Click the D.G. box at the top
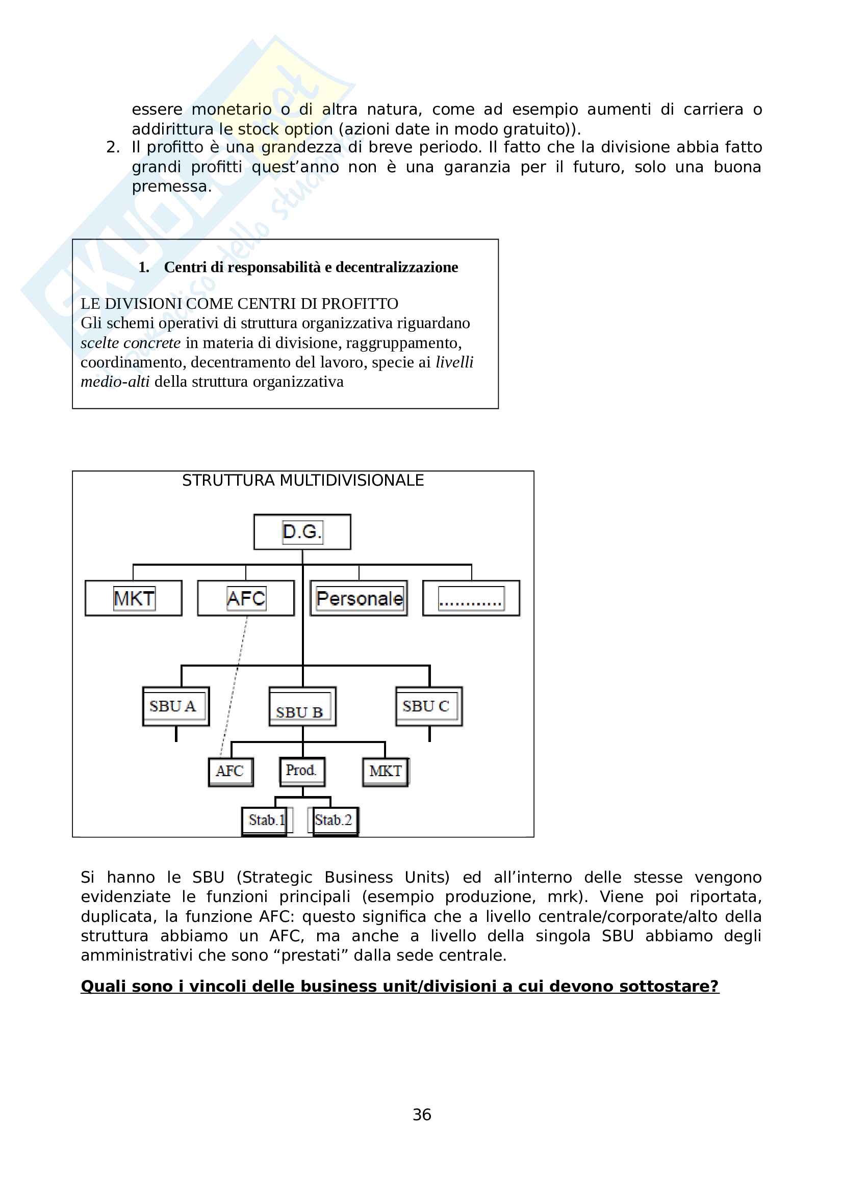pyautogui.click(x=302, y=532)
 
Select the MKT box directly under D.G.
pyautogui.click(x=134, y=598)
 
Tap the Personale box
pyautogui.click(x=359, y=598)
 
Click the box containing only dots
pyautogui.click(x=471, y=598)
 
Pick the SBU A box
pyautogui.click(x=175, y=706)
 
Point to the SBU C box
pyautogui.click(x=429, y=706)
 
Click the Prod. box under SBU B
pyautogui.click(x=302, y=772)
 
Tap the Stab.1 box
pyautogui.click(x=264, y=821)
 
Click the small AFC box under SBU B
pyautogui.click(x=231, y=772)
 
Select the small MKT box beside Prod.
pyautogui.click(x=386, y=772)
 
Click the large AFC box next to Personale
pyautogui.click(x=246, y=598)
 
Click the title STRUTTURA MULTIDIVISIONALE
pyautogui.click(x=303, y=481)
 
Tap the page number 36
pyautogui.click(x=422, y=1115)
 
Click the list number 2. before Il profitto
pyautogui.click(x=113, y=147)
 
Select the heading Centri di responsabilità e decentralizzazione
pyautogui.click(x=311, y=268)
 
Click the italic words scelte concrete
pyautogui.click(x=131, y=343)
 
